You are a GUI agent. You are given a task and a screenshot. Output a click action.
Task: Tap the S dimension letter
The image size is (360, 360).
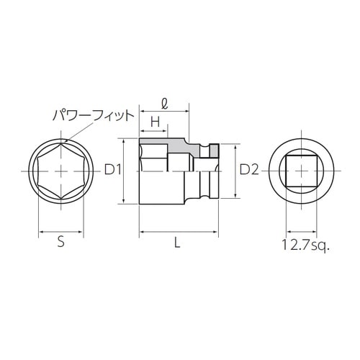(x=61, y=243)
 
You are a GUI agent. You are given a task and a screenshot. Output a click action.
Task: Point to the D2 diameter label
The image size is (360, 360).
(x=248, y=171)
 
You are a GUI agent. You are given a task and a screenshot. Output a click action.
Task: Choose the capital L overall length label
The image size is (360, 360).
(x=178, y=243)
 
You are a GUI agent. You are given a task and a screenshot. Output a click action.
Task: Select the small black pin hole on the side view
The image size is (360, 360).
(x=212, y=150)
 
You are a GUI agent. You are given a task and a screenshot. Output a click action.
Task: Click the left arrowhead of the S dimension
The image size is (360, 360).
(x=40, y=233)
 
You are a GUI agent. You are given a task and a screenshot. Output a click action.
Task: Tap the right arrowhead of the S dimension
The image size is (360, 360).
(x=83, y=233)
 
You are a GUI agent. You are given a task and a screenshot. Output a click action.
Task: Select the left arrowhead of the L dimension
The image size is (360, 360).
(x=140, y=233)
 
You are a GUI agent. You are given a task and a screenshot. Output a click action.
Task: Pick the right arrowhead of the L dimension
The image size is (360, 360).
(x=217, y=233)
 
